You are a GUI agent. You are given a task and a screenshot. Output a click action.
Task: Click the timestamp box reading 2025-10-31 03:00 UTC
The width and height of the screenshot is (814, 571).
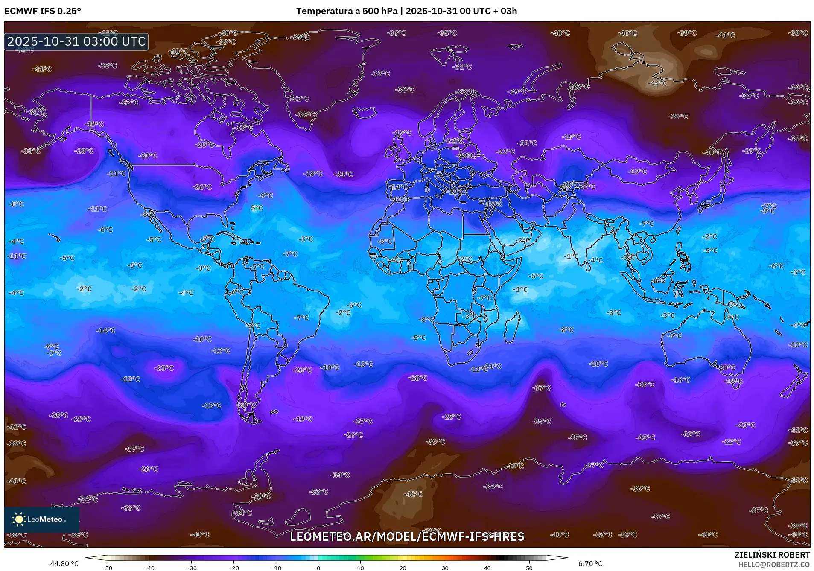76,41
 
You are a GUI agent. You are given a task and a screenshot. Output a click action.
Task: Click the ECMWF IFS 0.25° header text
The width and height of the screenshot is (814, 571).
43,11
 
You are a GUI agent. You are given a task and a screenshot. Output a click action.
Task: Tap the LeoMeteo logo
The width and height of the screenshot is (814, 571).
42,519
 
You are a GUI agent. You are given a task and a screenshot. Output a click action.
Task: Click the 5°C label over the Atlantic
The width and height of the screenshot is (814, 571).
257,208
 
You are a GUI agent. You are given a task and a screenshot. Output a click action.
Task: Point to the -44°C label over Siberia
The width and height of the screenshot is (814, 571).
657,83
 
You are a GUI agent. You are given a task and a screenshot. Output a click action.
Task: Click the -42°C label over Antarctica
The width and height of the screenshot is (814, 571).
413,494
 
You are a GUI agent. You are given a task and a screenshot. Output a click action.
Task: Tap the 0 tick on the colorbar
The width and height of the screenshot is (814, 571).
318,568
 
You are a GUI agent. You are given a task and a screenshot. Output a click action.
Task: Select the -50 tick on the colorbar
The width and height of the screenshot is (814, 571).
107,568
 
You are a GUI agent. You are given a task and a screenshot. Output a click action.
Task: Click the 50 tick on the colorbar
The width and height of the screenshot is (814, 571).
529,568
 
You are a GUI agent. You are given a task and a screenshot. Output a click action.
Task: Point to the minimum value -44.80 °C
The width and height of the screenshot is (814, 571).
63,564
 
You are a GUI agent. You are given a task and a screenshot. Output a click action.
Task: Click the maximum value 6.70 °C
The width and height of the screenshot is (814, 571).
590,564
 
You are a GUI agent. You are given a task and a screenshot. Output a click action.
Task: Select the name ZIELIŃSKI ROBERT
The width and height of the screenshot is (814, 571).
772,555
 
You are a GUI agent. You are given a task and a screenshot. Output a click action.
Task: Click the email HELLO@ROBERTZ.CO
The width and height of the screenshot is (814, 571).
774,565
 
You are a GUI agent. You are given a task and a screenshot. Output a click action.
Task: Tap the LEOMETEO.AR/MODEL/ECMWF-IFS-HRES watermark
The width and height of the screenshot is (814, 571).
407,537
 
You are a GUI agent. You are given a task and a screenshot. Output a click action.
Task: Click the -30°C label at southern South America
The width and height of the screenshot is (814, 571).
246,405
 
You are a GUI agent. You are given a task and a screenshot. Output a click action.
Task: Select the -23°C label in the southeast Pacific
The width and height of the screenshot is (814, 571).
164,368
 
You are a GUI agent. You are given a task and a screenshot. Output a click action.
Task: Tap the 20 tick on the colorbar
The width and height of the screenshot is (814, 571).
403,568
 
